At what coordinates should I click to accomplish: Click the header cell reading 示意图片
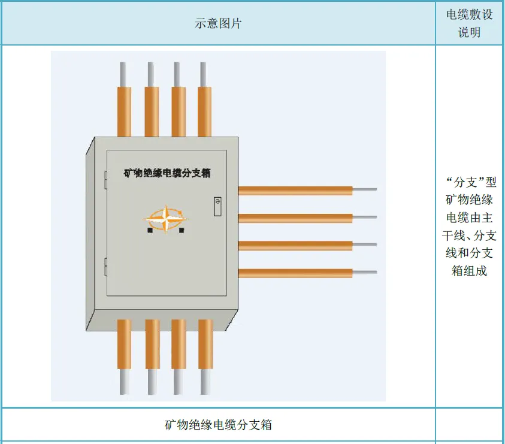(x=218, y=23)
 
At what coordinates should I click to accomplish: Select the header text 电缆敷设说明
(x=470, y=23)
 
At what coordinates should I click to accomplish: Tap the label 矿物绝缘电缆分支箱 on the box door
(x=167, y=173)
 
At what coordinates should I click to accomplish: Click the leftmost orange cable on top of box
(x=124, y=111)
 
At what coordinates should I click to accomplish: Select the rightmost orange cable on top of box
(x=205, y=111)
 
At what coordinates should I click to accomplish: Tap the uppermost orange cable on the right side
(x=295, y=191)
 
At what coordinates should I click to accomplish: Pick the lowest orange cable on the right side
(x=295, y=273)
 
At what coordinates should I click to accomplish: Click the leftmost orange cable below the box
(x=124, y=343)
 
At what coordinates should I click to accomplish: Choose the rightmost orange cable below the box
(x=205, y=343)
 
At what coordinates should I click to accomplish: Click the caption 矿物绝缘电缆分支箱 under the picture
(x=218, y=425)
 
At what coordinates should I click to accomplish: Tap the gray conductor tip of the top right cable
(x=365, y=190)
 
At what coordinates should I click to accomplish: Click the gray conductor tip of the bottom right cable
(x=365, y=273)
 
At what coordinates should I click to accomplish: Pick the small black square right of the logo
(x=182, y=229)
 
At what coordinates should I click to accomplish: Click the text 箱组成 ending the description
(x=470, y=271)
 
